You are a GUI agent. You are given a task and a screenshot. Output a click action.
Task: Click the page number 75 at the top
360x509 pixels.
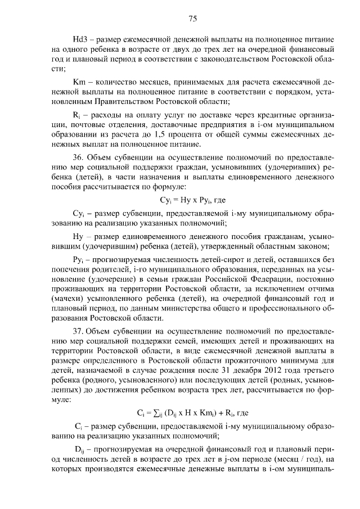[192, 19]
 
